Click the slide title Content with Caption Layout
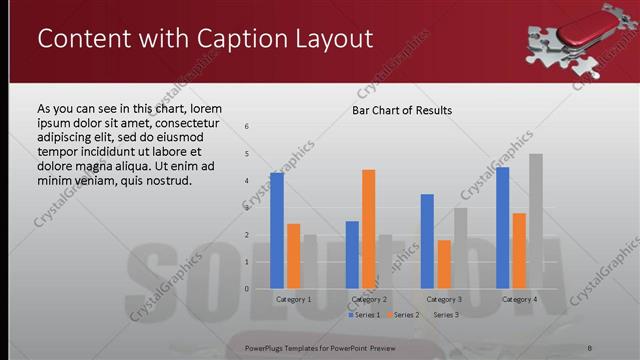(205, 39)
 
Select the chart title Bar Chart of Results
(402, 110)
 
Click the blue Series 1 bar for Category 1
(277, 231)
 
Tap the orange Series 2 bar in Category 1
(293, 256)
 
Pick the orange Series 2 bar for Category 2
(369, 229)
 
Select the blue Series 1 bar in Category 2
(352, 255)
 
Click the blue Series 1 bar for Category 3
(428, 241)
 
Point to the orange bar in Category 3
(444, 264)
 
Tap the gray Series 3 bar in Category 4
(536, 221)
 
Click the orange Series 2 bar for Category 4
(519, 250)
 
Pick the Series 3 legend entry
(442, 315)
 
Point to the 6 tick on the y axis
(246, 126)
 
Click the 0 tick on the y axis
(246, 289)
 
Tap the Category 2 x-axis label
(369, 299)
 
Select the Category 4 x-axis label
(519, 299)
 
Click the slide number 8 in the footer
(590, 347)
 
